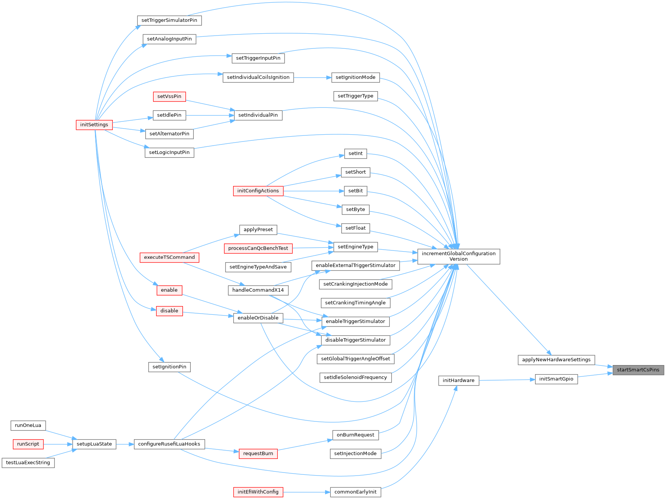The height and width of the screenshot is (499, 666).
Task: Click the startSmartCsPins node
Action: coord(638,370)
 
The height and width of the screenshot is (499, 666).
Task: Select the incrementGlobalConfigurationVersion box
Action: coord(458,256)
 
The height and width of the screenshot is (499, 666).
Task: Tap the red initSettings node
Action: coord(94,125)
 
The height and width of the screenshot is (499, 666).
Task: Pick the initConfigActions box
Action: coord(258,191)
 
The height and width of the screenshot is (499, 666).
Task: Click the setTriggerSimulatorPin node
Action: coord(169,20)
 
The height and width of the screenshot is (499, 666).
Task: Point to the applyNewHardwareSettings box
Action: coord(556,360)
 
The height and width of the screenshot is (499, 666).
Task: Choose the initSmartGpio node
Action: coord(556,379)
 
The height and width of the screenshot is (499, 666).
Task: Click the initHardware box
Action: coord(458,381)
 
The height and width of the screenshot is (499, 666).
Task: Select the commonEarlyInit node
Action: coord(355,492)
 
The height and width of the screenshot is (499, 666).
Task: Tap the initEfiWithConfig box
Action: coord(258,492)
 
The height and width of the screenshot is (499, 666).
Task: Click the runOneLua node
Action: coord(28,426)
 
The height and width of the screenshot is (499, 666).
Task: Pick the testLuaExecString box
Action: coord(28,463)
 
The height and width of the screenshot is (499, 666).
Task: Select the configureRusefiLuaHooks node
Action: coord(169,444)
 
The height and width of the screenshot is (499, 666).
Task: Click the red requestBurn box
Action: coord(258,454)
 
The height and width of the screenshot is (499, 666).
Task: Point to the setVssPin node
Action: coord(169,96)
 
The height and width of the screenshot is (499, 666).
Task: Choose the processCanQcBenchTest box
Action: coord(258,249)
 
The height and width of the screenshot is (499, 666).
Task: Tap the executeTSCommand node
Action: coord(169,258)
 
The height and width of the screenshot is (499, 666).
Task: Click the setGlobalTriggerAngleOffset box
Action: coord(355,359)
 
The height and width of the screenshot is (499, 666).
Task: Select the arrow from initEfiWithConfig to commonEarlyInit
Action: coord(307,492)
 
